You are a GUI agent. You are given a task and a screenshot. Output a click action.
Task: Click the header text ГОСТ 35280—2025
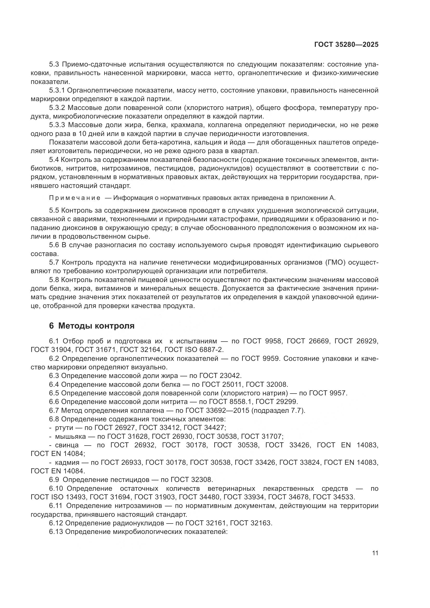[346, 44]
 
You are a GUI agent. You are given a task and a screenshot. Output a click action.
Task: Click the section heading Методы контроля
[96, 326]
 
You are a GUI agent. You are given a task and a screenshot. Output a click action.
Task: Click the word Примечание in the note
[75, 198]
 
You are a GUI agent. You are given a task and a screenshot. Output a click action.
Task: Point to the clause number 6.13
[56, 532]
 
